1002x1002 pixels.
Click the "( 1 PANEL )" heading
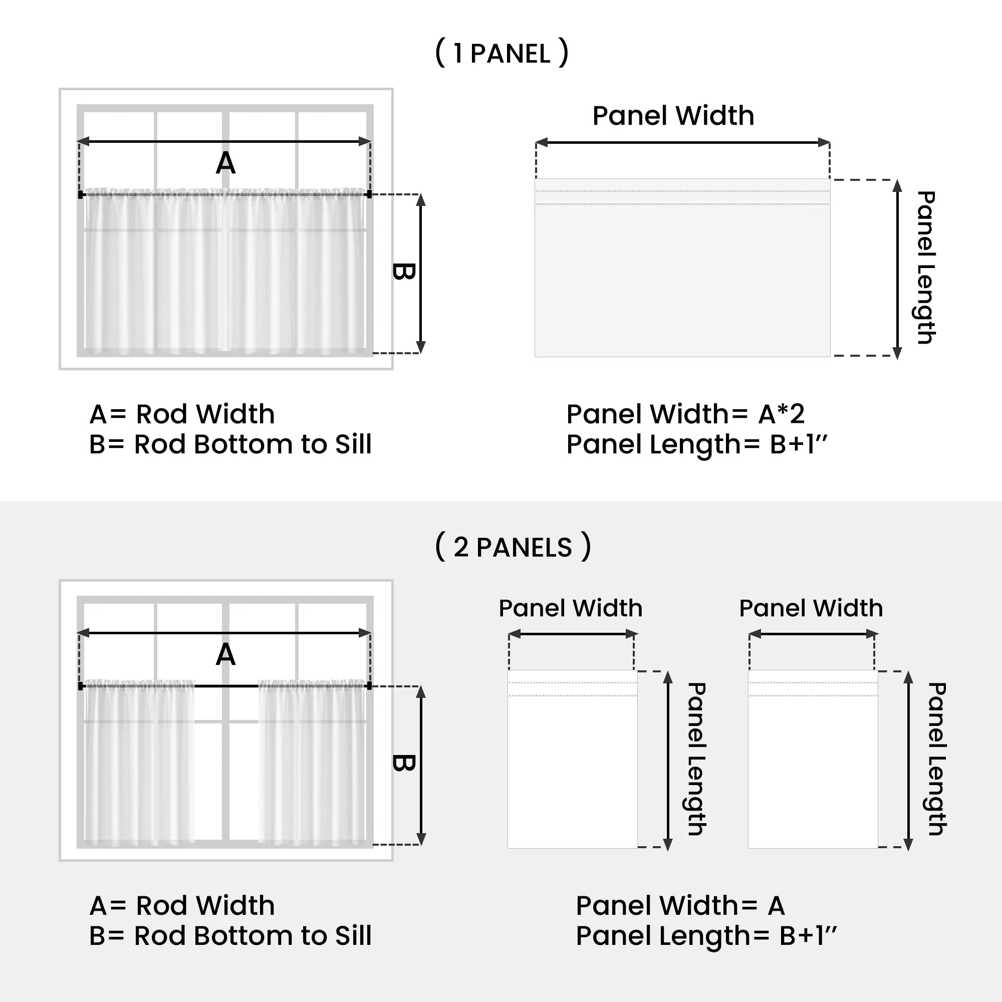[502, 53]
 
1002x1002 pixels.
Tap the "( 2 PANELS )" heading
[513, 547]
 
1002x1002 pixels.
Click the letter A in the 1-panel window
[225, 163]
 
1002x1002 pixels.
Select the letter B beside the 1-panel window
[403, 271]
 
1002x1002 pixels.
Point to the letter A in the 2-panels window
[225, 654]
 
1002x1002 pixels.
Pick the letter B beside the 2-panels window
[403, 763]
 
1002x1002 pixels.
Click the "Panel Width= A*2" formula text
[685, 414]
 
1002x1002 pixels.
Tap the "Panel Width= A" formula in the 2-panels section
[680, 905]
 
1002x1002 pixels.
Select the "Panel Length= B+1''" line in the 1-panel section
[696, 444]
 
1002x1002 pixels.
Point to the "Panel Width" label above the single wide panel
[673, 115]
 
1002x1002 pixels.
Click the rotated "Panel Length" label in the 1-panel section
[925, 268]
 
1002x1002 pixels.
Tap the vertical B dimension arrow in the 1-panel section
[421, 274]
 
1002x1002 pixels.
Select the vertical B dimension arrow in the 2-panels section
[421, 766]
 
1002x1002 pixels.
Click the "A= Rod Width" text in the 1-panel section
[182, 414]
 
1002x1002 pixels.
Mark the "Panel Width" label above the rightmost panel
[811, 608]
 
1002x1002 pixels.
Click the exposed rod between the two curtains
[226, 686]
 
